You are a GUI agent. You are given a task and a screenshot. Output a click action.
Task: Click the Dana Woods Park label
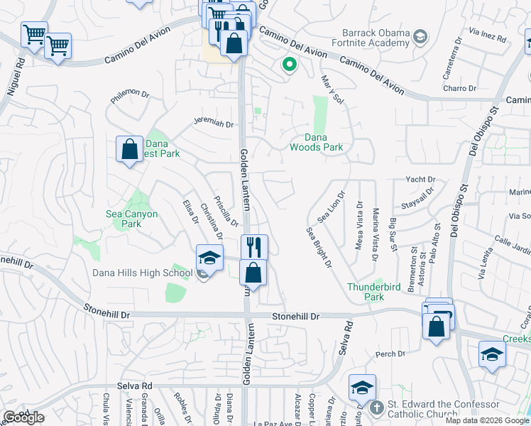tap(316, 142)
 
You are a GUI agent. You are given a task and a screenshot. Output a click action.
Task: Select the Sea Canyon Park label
tap(133, 219)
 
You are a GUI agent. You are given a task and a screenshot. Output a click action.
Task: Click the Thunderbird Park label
tap(374, 292)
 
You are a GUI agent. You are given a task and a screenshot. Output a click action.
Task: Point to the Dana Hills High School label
tap(142, 273)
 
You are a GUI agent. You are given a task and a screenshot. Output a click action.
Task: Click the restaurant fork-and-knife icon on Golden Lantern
tap(253, 247)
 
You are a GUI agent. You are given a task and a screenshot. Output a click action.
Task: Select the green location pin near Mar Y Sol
tap(289, 65)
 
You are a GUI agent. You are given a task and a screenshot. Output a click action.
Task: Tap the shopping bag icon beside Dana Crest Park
tap(128, 150)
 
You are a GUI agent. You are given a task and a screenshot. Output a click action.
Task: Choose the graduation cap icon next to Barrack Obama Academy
tap(420, 37)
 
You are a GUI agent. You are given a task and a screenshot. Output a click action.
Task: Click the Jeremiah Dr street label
tap(214, 124)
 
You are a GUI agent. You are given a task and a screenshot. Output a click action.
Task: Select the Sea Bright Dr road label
tap(319, 248)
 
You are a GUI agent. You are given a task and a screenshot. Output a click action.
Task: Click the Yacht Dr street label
tap(420, 180)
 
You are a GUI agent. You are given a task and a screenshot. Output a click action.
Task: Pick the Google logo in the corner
tap(23, 417)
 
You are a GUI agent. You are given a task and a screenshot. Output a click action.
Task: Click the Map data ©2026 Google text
tap(487, 420)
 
